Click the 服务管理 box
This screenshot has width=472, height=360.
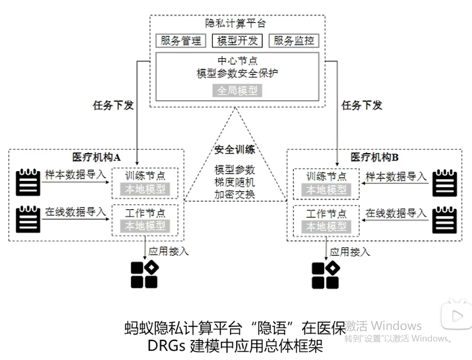pyautogui.click(x=181, y=41)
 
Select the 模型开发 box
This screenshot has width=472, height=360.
pyautogui.click(x=237, y=41)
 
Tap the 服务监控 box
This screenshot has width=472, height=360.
pyautogui.click(x=294, y=41)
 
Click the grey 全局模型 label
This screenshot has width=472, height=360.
pyautogui.click(x=237, y=90)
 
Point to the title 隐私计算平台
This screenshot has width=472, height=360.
pyautogui.click(x=235, y=24)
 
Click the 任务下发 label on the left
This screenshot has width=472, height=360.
pyautogui.click(x=113, y=105)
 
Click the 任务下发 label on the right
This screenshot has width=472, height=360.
pyautogui.click(x=362, y=105)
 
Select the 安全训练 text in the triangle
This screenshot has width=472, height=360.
pyautogui.click(x=235, y=149)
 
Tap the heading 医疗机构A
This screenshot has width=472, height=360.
pyautogui.click(x=96, y=157)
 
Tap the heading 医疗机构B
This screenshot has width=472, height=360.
pyautogui.click(x=374, y=157)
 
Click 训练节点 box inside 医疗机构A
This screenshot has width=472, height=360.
pyautogui.click(x=145, y=183)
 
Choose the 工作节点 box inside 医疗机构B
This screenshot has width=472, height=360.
pyautogui.click(x=326, y=221)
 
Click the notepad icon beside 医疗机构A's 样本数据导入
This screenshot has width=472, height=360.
pyautogui.click(x=28, y=182)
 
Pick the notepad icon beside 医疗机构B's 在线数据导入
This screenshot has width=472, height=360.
pyautogui.click(x=445, y=220)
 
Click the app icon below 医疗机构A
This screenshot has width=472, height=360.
pyautogui.click(x=145, y=275)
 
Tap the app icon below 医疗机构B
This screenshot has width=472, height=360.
pyautogui.click(x=326, y=275)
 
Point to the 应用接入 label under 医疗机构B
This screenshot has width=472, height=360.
pyautogui.click(x=350, y=252)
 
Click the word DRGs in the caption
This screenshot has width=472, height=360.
pyautogui.click(x=166, y=346)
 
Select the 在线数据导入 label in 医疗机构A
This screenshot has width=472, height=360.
pyautogui.click(x=75, y=212)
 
